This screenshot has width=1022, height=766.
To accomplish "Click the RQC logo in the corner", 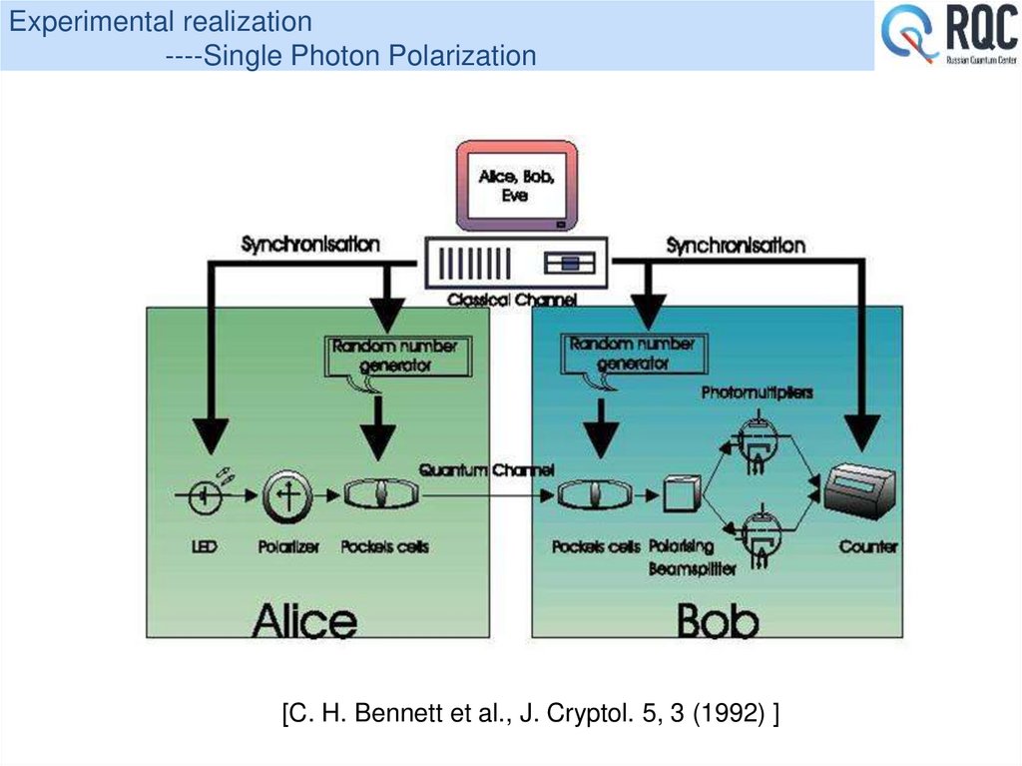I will (948, 36).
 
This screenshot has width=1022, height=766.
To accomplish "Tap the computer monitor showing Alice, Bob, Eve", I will (516, 186).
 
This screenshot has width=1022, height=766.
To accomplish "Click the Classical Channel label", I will (511, 299).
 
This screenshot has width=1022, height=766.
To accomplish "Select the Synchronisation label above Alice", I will (309, 245).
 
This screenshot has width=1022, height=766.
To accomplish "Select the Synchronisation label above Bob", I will (736, 245).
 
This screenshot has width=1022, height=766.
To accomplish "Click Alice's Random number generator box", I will (396, 355).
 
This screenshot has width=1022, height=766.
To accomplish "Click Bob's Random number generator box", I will (632, 355).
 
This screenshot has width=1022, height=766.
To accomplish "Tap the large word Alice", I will (303, 620).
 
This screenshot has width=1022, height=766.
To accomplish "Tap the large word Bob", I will (717, 620).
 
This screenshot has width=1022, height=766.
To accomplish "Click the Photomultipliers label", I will (756, 392).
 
